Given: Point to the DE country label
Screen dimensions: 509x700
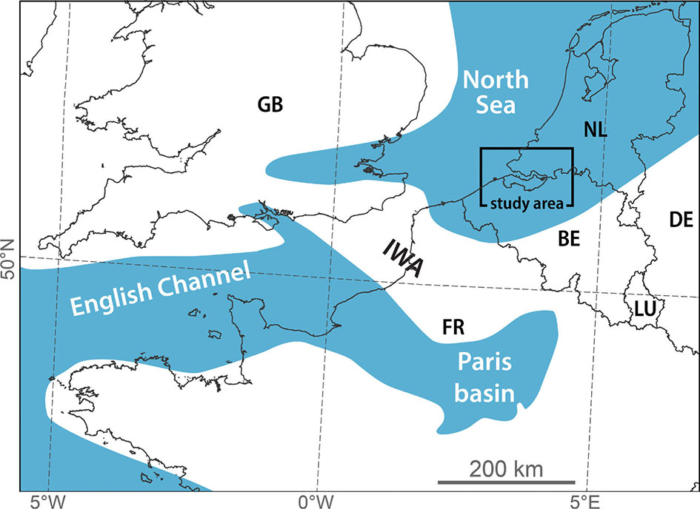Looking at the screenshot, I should [x=680, y=220].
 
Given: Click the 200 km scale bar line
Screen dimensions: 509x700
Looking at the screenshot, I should [x=507, y=482].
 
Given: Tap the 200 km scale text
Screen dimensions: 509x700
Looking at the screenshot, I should [x=507, y=468].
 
